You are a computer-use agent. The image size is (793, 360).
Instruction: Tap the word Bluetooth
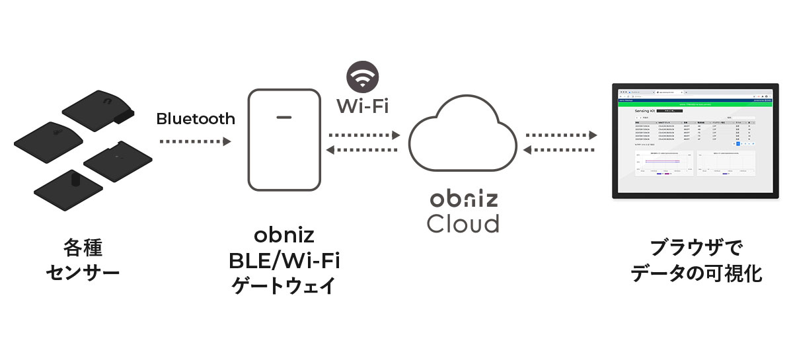point(196,119)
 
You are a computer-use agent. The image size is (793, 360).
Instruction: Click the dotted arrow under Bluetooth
point(196,141)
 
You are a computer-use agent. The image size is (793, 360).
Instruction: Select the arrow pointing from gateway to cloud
point(364,135)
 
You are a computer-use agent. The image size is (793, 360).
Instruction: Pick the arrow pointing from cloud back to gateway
point(364,150)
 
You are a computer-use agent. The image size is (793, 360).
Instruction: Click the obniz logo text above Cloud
point(462,199)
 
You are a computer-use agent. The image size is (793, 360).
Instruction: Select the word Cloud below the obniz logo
point(463,223)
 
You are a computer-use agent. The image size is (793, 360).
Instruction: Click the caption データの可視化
point(696,273)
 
